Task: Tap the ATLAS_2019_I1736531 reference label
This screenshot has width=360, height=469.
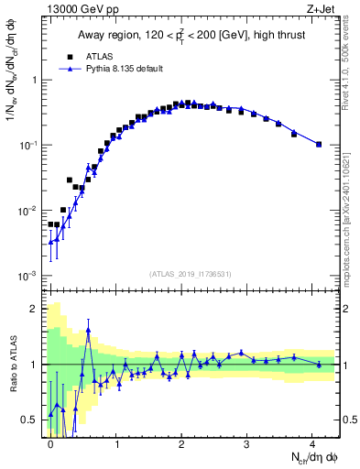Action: tap(191, 274)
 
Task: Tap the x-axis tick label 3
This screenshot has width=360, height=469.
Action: tap(252, 442)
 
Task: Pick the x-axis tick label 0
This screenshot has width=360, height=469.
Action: tap(51, 442)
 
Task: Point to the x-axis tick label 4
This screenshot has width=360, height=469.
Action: tap(319, 442)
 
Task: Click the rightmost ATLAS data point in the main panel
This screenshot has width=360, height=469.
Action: tap(319, 144)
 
